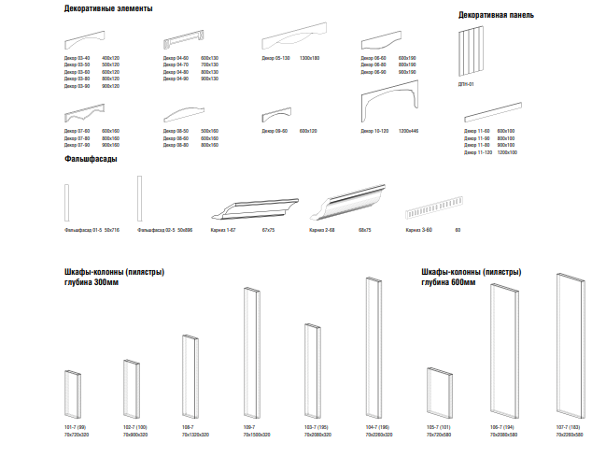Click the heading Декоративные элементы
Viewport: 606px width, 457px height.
(x=108, y=8)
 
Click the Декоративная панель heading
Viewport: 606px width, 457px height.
(x=496, y=16)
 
